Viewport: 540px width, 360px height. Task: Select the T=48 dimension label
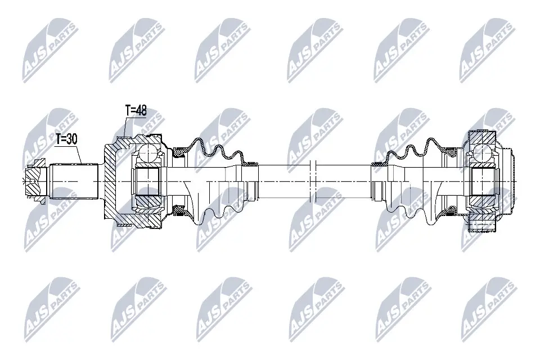135,110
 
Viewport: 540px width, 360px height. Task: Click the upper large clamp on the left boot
180,151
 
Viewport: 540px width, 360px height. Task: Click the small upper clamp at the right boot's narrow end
379,165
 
